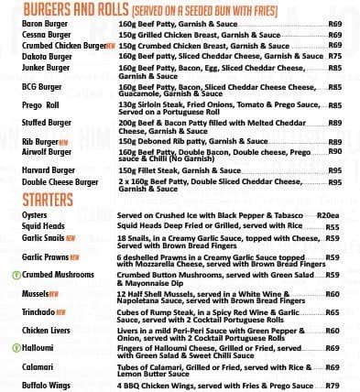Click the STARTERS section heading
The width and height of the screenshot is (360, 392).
click(x=47, y=199)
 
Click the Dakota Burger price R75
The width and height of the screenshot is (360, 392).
click(x=334, y=56)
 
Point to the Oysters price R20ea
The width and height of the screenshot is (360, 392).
click(x=328, y=215)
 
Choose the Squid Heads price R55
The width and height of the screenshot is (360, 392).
click(x=332, y=227)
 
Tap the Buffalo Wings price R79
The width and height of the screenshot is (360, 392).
click(x=332, y=386)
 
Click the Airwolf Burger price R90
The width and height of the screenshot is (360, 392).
click(x=334, y=151)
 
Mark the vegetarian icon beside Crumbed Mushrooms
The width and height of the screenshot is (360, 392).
click(x=16, y=275)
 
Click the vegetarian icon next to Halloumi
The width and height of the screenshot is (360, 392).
click(x=16, y=348)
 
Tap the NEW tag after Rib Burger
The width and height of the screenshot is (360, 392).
click(x=64, y=143)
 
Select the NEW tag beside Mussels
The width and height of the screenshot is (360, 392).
click(x=54, y=295)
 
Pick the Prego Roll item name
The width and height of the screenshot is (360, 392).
click(x=40, y=105)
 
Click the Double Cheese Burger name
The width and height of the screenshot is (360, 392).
click(x=60, y=182)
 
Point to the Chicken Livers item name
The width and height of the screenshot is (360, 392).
click(x=46, y=330)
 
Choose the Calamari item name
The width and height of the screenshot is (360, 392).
click(x=38, y=367)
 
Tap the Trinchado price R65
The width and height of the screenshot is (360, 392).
click(x=332, y=312)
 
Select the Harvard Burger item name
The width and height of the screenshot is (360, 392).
click(x=49, y=170)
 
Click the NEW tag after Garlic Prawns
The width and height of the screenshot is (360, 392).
click(x=74, y=258)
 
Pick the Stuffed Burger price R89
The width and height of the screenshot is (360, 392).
click(x=334, y=123)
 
